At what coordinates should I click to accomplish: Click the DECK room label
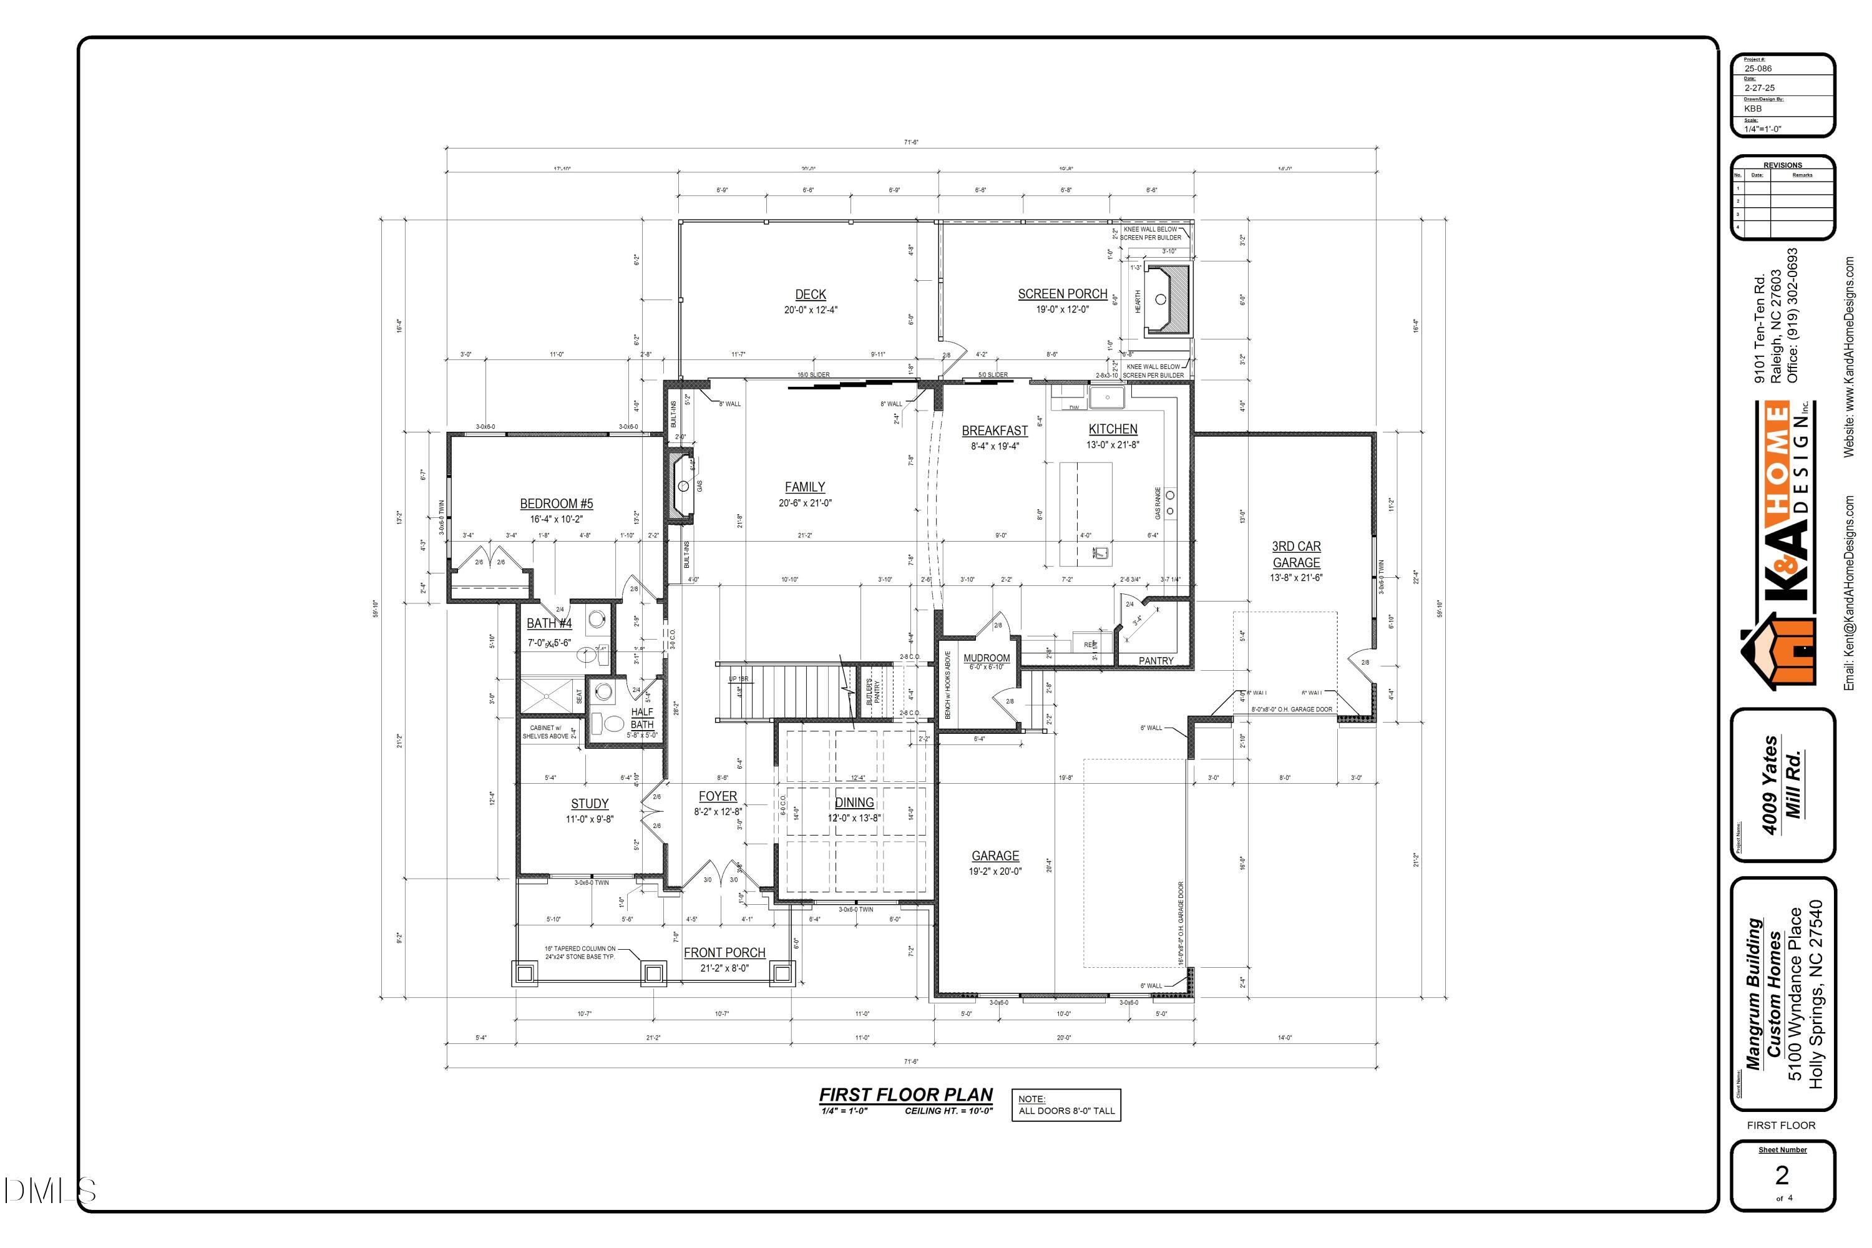(810, 295)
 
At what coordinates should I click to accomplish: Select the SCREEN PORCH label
(1063, 294)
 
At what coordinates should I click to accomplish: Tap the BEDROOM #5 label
(557, 503)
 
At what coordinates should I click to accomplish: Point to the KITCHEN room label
(1113, 429)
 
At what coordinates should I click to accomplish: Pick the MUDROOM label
(986, 658)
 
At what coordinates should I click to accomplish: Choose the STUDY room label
(590, 804)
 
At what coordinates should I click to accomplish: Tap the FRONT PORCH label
(724, 953)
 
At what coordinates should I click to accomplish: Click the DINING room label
(854, 802)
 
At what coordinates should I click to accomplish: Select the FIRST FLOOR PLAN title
(906, 1095)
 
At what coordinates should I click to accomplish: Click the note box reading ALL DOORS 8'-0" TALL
(1066, 1106)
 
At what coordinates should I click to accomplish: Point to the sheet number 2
(1782, 1175)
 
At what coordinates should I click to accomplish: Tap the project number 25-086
(1759, 69)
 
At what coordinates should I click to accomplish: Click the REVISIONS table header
(1782, 165)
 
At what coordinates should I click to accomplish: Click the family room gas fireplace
(681, 486)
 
